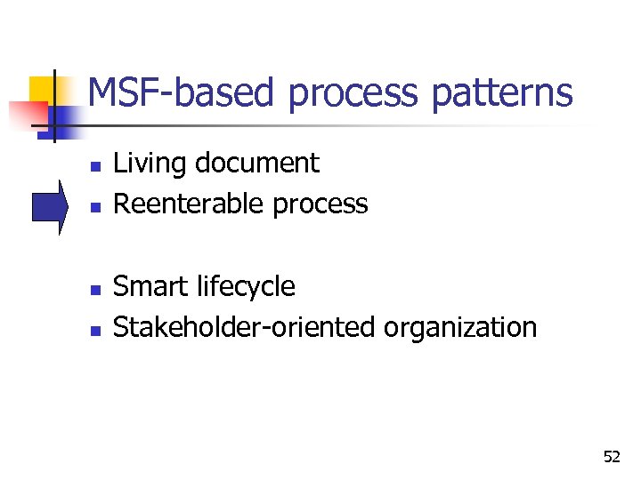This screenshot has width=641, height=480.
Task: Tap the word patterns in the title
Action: pyautogui.click(x=502, y=92)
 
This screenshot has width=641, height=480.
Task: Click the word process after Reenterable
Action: pyautogui.click(x=320, y=205)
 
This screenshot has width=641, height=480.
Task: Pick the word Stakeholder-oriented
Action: pyautogui.click(x=245, y=328)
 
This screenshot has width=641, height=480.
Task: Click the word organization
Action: pyautogui.click(x=460, y=328)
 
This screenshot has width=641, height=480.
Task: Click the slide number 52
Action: pyautogui.click(x=611, y=457)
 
